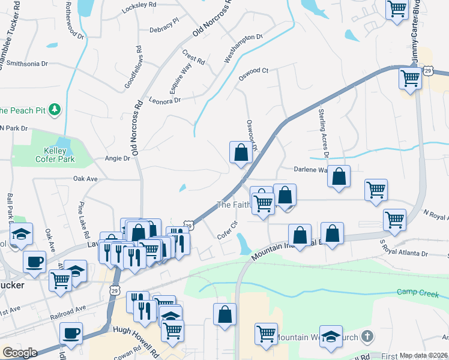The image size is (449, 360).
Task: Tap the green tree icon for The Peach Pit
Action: click(x=55, y=109)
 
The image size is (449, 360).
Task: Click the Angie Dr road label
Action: click(x=117, y=158)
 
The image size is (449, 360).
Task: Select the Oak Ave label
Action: click(x=85, y=179)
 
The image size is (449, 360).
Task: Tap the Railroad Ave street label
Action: click(x=67, y=307)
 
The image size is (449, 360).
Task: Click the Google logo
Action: click(x=20, y=353)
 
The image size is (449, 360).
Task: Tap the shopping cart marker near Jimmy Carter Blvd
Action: click(x=411, y=77)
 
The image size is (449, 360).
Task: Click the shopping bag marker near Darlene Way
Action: click(x=339, y=177)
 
